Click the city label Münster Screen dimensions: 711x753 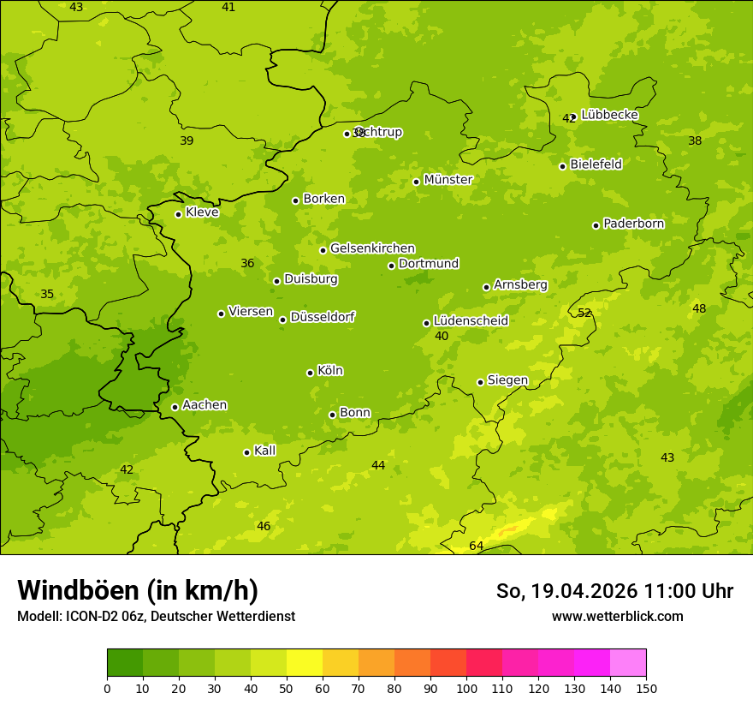click(448, 180)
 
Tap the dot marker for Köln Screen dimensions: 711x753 click(310, 373)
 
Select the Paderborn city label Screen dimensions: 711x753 click(633, 224)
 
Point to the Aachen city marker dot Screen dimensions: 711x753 click(175, 407)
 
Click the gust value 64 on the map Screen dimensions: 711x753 click(477, 546)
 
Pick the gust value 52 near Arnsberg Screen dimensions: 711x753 click(584, 313)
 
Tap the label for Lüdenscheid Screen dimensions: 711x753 click(471, 321)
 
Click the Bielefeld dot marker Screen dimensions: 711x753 click(562, 166)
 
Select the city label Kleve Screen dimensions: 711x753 click(202, 212)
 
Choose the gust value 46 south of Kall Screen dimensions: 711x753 click(264, 526)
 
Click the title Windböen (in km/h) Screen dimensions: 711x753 click(138, 590)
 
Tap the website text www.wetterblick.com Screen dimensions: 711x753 click(617, 616)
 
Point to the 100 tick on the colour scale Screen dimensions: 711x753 click(466, 688)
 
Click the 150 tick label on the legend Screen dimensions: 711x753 click(646, 688)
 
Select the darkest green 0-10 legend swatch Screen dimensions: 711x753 click(125, 663)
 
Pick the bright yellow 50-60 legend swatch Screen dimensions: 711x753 click(305, 663)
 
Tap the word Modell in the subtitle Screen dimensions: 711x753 click(38, 616)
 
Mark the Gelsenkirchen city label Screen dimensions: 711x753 click(372, 248)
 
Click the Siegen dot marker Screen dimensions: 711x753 click(480, 382)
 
